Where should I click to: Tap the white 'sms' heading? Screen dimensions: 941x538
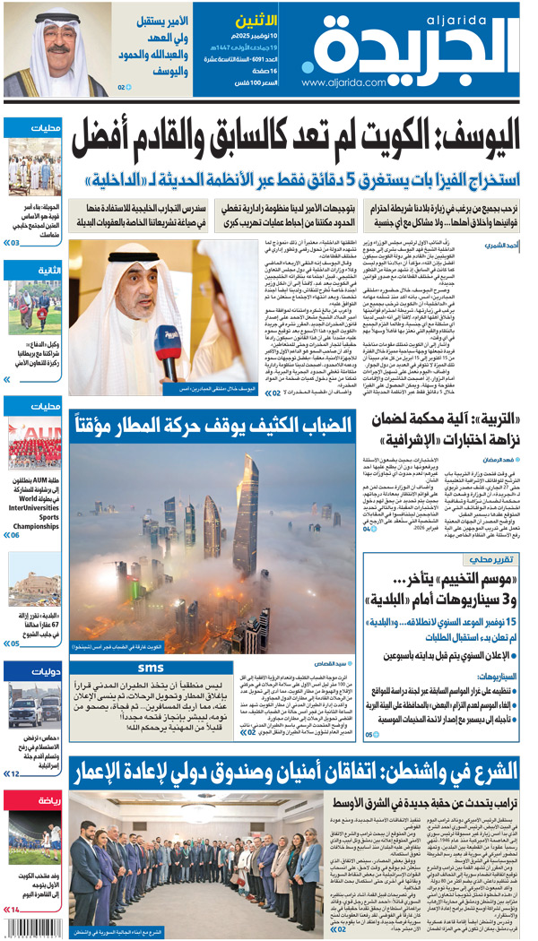pos(151,668)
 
